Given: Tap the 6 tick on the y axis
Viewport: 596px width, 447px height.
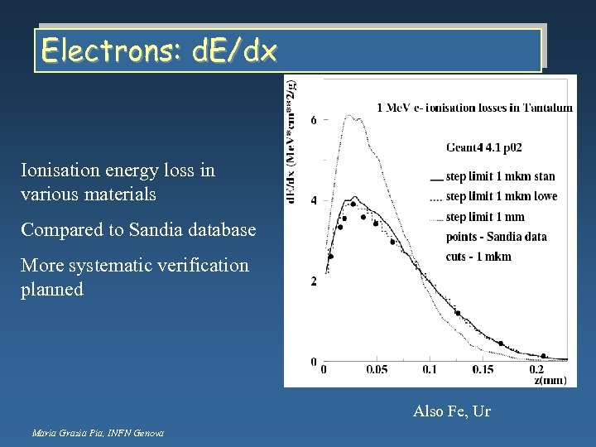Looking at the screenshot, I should pyautogui.click(x=314, y=121).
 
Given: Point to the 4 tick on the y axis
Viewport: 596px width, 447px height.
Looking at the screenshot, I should pyautogui.click(x=314, y=201).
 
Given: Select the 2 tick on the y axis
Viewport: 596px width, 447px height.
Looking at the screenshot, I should pyautogui.click(x=314, y=282).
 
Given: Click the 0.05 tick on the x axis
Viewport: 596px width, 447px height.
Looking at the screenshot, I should pyautogui.click(x=377, y=369).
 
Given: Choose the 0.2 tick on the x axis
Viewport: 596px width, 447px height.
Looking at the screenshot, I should pyautogui.click(x=538, y=369).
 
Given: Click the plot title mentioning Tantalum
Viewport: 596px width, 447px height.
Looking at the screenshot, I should pyautogui.click(x=474, y=108).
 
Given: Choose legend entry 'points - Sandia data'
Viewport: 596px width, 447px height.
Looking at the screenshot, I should pyautogui.click(x=496, y=237).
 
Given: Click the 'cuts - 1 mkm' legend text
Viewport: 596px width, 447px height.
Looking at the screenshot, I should pyautogui.click(x=478, y=257).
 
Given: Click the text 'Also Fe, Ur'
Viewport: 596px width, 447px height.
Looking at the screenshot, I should pyautogui.click(x=451, y=411).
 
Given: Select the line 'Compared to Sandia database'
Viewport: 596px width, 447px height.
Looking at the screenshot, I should pyautogui.click(x=138, y=228).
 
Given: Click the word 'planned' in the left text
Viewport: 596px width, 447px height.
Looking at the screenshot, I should pyautogui.click(x=52, y=290).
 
